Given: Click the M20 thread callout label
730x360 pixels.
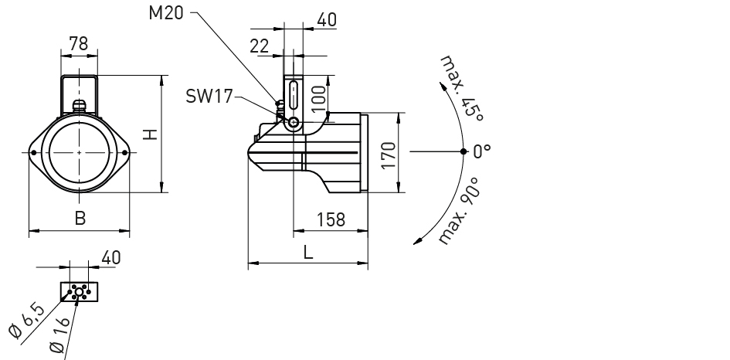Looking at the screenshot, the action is (x=166, y=12).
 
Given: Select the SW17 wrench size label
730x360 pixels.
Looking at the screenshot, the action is (x=209, y=97).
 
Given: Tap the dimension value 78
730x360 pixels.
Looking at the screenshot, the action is (x=79, y=43).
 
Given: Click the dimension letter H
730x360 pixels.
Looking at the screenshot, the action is (x=150, y=134).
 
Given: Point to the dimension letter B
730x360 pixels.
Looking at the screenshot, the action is (x=80, y=218).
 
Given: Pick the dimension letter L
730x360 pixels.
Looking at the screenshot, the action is (x=307, y=253).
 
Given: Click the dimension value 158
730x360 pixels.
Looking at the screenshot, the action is (x=331, y=219).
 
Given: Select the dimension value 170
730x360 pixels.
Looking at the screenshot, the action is (x=388, y=155).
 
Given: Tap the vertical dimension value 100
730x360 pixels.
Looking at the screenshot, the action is (x=319, y=98).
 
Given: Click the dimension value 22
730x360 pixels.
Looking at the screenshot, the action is (x=260, y=46).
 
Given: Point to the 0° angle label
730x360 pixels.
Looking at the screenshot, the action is (x=482, y=151).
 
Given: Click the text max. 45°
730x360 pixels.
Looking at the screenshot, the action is (x=462, y=89).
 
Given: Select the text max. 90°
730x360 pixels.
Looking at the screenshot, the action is (x=459, y=210).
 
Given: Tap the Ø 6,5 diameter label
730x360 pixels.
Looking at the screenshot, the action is (x=28, y=321).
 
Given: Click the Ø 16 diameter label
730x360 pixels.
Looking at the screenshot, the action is (x=59, y=334).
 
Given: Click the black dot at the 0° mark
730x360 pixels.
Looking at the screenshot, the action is (x=463, y=151).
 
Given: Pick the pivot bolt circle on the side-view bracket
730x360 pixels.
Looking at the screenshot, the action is (x=294, y=123).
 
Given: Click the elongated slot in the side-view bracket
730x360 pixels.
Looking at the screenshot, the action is (x=294, y=95).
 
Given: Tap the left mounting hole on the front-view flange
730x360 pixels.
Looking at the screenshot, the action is (x=33, y=152).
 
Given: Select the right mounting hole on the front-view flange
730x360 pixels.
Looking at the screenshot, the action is (x=125, y=152).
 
